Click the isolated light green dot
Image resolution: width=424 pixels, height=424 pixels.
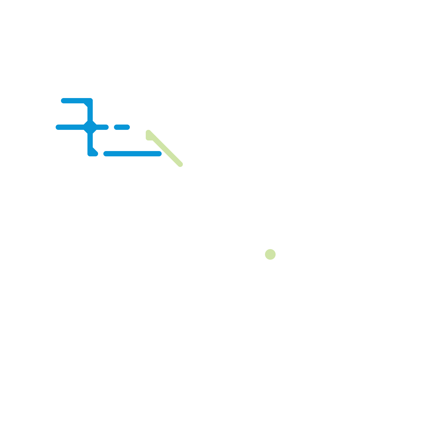click(270, 254)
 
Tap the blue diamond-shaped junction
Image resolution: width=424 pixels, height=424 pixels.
click(90, 127)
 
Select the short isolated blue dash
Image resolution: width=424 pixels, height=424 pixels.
click(122, 127)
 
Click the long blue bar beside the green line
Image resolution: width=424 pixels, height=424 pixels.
click(132, 154)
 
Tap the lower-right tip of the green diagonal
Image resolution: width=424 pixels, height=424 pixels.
click(180, 164)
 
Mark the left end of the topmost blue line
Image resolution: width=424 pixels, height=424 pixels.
click(64, 101)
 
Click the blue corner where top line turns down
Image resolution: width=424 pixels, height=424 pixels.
click(90, 101)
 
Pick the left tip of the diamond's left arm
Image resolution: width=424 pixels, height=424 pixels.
click(58, 127)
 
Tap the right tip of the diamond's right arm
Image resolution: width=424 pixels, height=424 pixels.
click(106, 127)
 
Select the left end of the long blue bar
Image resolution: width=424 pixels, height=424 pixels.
click(106, 154)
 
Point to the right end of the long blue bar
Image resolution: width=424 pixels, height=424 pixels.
click(159, 154)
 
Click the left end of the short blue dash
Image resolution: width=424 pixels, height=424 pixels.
click(117, 127)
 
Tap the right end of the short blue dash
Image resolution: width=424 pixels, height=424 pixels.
click(127, 127)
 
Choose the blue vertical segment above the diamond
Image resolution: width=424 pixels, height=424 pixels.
click(90, 113)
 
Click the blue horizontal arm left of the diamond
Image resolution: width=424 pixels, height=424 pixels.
click(70, 127)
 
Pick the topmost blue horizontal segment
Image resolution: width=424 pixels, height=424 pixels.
click(76, 101)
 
